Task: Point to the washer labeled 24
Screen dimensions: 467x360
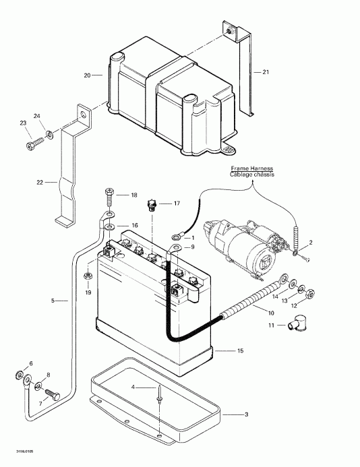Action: point(44,127)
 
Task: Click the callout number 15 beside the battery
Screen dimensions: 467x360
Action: point(239,351)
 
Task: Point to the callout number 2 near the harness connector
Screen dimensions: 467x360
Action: point(311,242)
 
